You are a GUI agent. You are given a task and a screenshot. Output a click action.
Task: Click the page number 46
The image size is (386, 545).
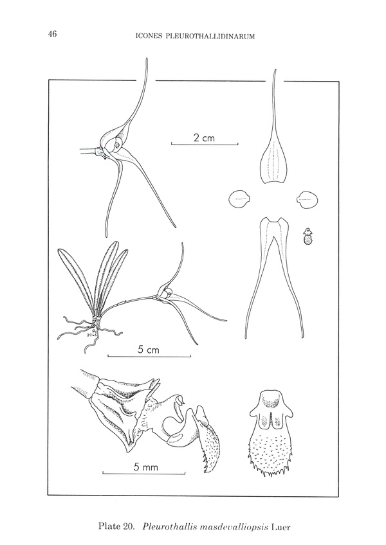coord(53,34)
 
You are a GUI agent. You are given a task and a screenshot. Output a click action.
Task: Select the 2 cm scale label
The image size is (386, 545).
coord(204,138)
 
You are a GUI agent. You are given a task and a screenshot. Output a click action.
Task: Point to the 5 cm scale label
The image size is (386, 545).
coord(148,350)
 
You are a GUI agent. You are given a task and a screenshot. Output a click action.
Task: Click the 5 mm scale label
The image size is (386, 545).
coord(146,467)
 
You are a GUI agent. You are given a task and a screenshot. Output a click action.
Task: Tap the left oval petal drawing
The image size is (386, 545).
coord(239,199)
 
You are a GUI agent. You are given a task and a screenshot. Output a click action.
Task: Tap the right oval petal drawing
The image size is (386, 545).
coord(308,199)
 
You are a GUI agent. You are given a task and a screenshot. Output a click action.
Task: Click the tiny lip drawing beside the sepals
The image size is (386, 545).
coord(307,237)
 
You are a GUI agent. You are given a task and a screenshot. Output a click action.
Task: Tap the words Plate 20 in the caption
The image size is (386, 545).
coord(116,526)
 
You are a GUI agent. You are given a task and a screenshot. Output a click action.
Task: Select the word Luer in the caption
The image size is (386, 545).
coord(280,526)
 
